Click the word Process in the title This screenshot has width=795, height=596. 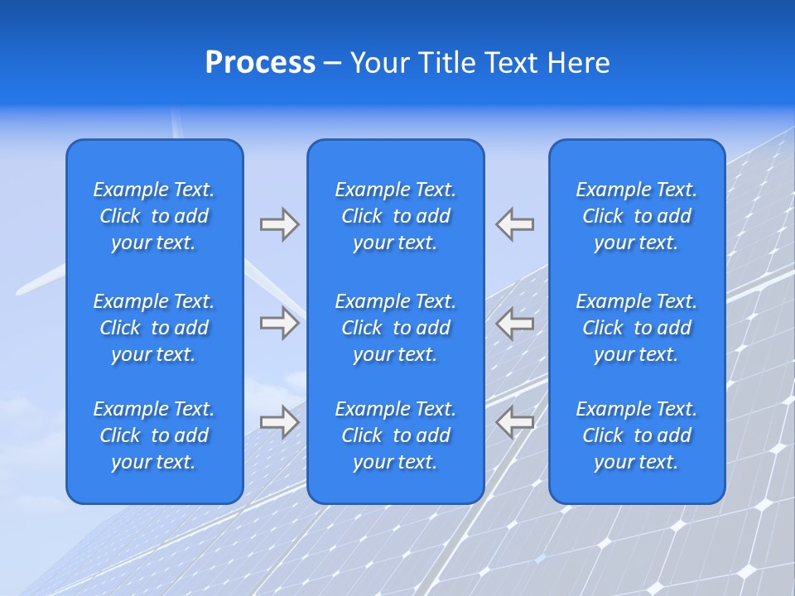point(260,63)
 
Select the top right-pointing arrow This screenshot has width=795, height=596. point(279,224)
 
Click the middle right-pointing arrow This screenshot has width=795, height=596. point(279,323)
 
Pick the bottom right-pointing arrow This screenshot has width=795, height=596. point(279,422)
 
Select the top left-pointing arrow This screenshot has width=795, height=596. point(515,224)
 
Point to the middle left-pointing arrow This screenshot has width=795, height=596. point(515,323)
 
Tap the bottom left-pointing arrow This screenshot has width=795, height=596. point(515,422)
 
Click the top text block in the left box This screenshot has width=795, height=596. point(154,216)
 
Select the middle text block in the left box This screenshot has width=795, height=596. point(154,328)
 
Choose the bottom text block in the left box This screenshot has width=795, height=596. point(154,435)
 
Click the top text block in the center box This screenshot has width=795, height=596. point(395,216)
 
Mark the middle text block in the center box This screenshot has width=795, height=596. point(395,328)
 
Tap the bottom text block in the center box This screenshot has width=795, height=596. point(395,435)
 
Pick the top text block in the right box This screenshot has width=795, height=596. point(636,216)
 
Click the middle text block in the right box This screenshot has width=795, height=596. point(636,328)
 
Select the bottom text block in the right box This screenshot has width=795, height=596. point(636,435)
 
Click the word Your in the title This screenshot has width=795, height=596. point(378,63)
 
